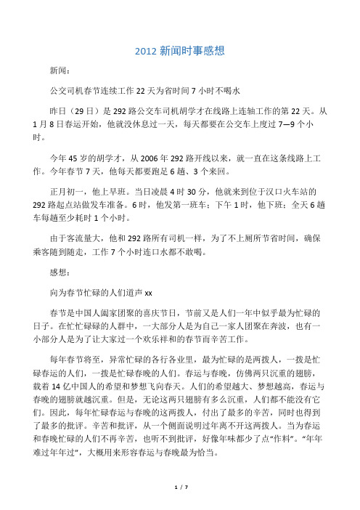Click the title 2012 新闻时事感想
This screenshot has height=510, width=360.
tap(180, 51)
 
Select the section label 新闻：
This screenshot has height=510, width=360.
tap(60, 72)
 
